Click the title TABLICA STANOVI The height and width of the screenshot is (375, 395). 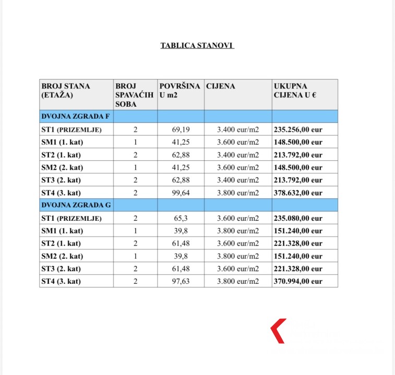pyautogui.click(x=197, y=45)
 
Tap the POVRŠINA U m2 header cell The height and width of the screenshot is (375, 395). pyautogui.click(x=179, y=90)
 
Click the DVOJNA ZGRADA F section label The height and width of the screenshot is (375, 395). pyautogui.click(x=75, y=116)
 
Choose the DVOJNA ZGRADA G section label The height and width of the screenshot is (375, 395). pyautogui.click(x=76, y=205)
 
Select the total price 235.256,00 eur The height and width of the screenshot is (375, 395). pyautogui.click(x=298, y=130)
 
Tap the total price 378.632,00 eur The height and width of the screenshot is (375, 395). pyautogui.click(x=298, y=193)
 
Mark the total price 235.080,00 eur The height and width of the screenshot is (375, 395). pyautogui.click(x=298, y=218)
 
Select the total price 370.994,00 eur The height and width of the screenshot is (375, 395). pyautogui.click(x=298, y=281)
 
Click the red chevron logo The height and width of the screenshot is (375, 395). pyautogui.click(x=278, y=331)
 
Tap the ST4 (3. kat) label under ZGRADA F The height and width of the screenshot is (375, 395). pyautogui.click(x=61, y=193)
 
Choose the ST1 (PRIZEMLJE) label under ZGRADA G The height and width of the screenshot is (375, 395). pyautogui.click(x=71, y=218)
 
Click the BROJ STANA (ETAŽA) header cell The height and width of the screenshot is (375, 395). pyautogui.click(x=66, y=90)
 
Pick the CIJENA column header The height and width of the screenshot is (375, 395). pyautogui.click(x=221, y=86)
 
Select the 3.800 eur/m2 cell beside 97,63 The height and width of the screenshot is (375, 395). pyautogui.click(x=238, y=281)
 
